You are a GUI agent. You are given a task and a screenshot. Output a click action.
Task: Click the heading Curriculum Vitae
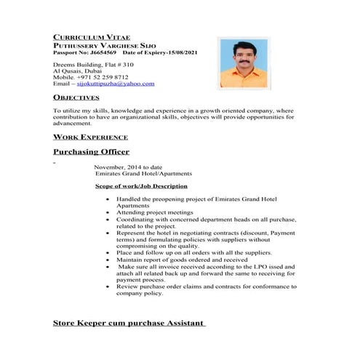point(87,36)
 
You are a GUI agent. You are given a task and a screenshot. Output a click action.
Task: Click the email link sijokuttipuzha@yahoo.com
point(116,84)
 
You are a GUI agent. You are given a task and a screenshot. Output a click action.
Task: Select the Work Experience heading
point(91,137)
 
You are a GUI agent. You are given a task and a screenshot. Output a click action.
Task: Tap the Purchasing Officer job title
point(91,152)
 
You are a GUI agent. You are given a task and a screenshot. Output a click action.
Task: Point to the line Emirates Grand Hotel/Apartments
point(143,174)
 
